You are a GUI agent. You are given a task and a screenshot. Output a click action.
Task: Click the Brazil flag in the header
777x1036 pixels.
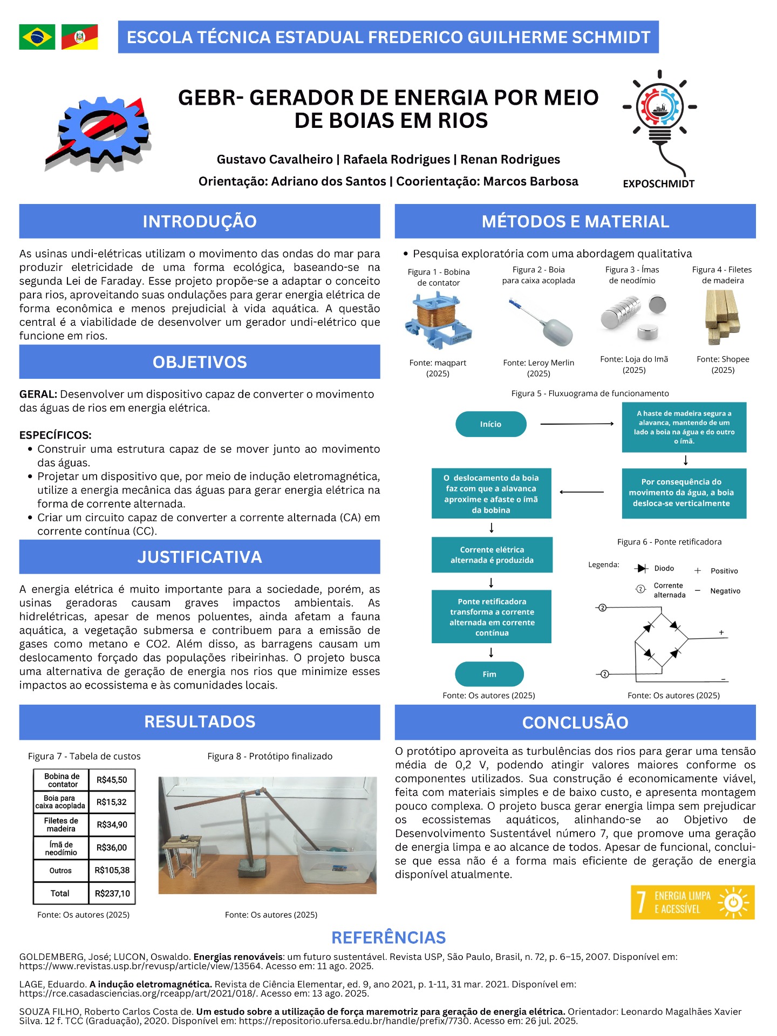37,37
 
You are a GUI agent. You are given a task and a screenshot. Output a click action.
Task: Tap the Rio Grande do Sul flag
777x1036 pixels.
79,37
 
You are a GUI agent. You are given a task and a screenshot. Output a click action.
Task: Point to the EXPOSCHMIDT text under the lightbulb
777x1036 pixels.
658,184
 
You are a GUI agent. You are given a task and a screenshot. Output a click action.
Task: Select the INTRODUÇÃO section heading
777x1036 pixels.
200,221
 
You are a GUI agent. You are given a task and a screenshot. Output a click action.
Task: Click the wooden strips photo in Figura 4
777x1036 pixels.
722,318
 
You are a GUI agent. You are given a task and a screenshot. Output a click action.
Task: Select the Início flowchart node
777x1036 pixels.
490,424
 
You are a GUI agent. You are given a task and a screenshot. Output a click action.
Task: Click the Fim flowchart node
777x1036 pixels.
489,674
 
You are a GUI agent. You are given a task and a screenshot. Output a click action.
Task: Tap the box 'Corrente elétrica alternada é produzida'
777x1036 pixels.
492,555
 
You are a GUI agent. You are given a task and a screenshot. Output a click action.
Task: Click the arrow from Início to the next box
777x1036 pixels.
577,424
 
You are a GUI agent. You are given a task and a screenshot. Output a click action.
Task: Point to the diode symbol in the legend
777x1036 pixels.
642,568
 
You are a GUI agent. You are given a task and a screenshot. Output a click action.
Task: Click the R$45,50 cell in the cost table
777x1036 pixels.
112,780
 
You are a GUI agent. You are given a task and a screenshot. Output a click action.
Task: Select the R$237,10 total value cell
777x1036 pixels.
112,894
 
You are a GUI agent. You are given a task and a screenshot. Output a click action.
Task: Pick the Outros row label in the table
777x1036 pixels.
60,870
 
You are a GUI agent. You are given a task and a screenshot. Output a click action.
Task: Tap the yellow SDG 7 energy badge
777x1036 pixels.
692,902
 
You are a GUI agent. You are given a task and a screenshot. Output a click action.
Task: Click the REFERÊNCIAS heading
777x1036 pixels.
388,938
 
